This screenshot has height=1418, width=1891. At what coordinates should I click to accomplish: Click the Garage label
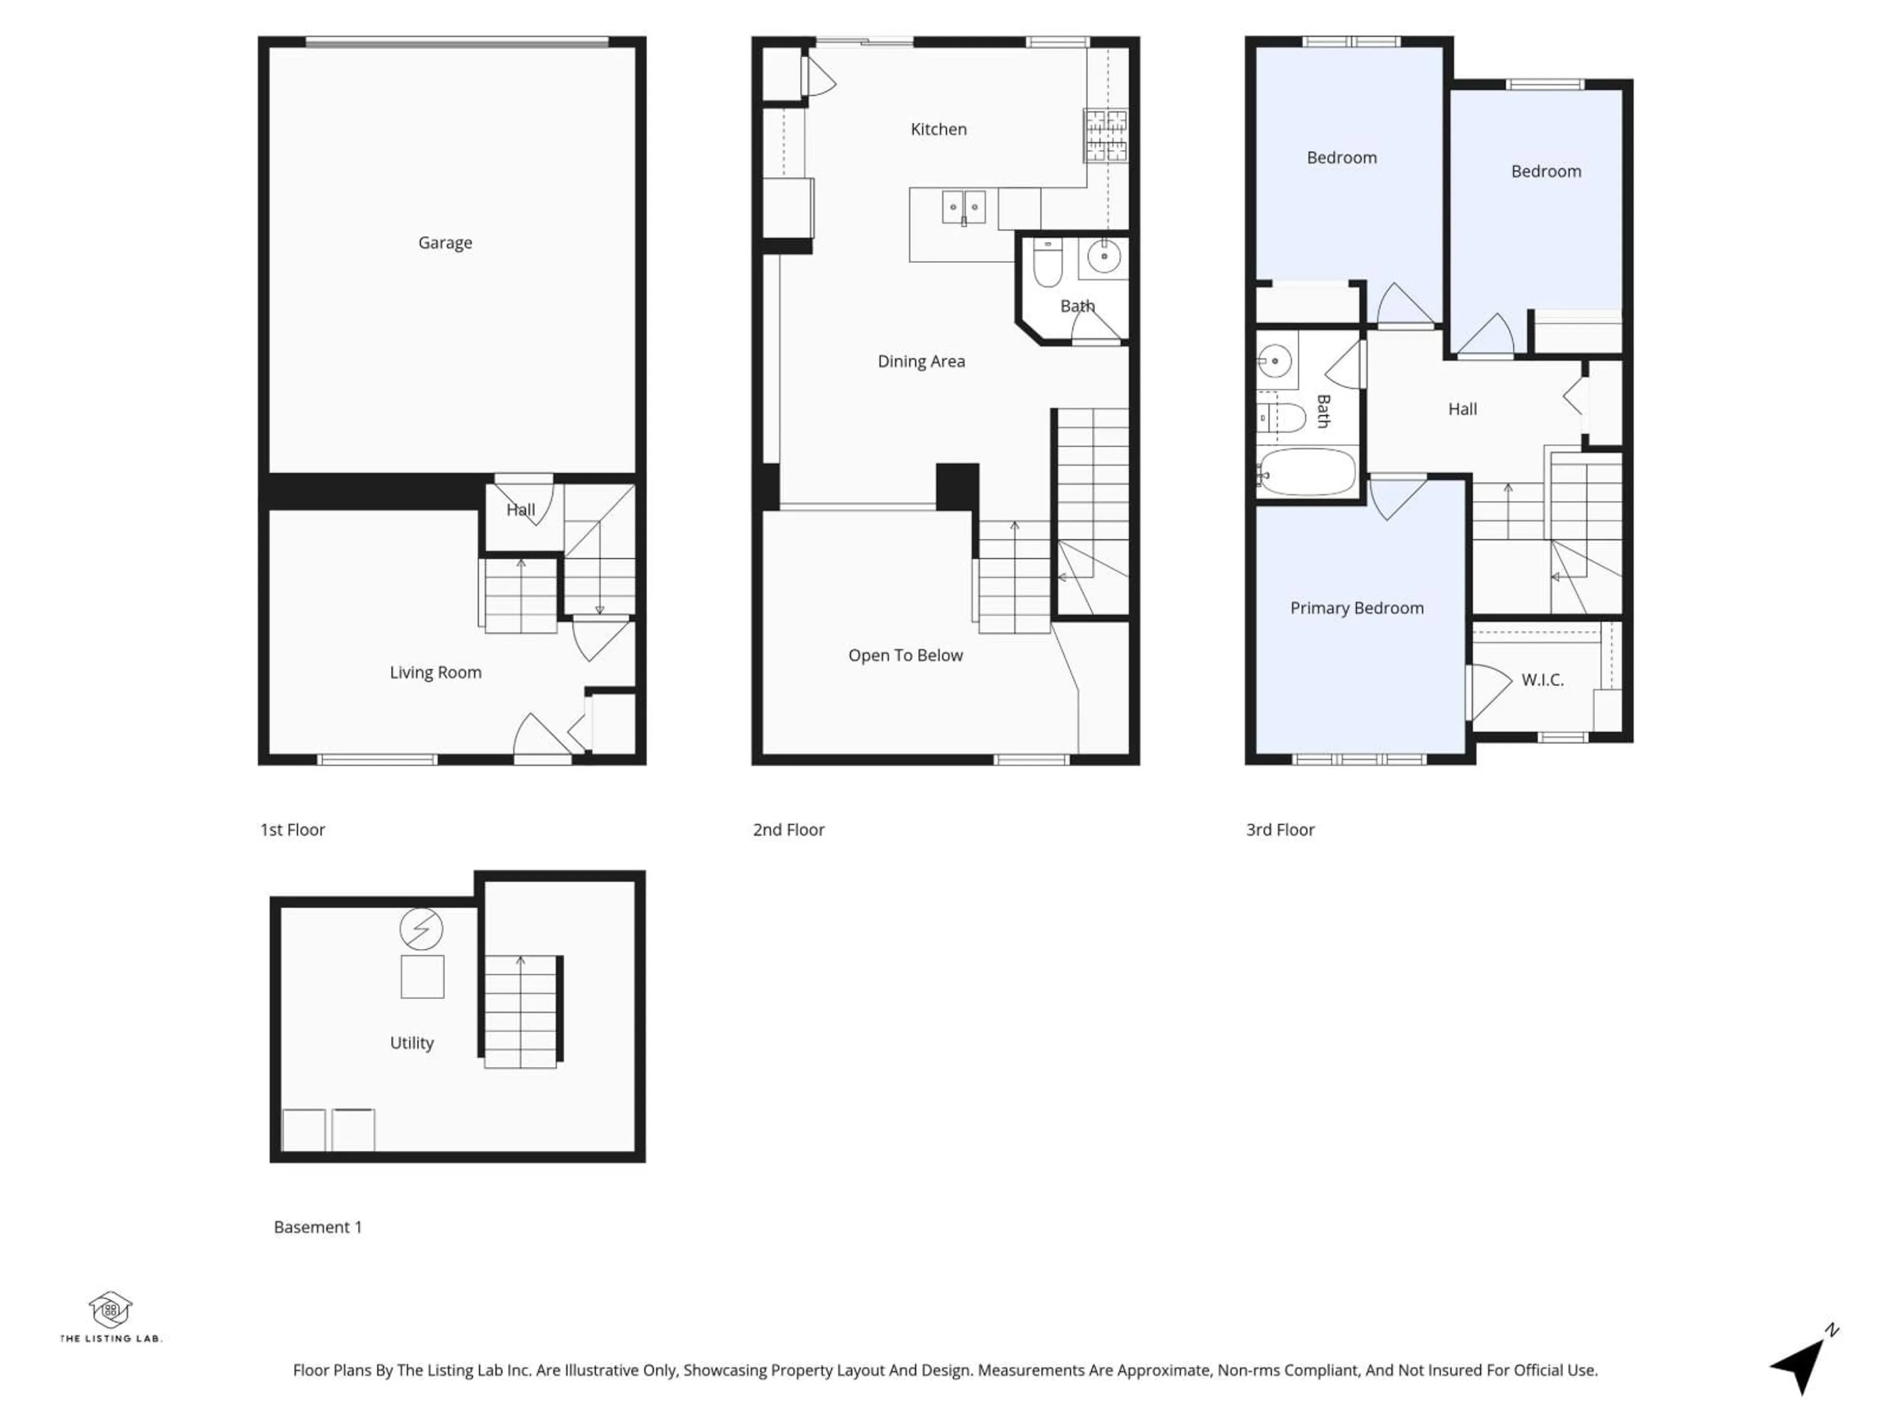click(445, 243)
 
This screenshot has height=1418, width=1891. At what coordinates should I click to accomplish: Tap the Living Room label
click(435, 673)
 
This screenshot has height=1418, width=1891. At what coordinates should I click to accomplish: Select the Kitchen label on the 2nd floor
click(938, 129)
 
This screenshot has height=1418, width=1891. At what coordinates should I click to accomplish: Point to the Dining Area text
click(921, 361)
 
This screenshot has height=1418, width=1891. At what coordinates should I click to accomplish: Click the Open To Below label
click(905, 656)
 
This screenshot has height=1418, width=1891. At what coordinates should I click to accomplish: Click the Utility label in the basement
click(411, 1043)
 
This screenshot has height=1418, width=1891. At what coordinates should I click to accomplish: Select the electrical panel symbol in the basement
click(422, 929)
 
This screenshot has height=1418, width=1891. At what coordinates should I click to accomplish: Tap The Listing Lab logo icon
click(110, 1309)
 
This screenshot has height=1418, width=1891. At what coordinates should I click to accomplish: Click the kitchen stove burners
click(1106, 135)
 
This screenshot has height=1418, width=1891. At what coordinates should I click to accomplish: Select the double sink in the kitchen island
click(963, 208)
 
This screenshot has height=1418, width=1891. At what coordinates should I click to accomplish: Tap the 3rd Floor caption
click(1280, 830)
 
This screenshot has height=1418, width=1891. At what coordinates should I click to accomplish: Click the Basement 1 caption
click(317, 1227)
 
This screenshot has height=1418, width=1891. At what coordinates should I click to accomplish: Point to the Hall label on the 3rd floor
click(1462, 410)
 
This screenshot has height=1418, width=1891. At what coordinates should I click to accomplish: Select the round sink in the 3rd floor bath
click(1274, 361)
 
